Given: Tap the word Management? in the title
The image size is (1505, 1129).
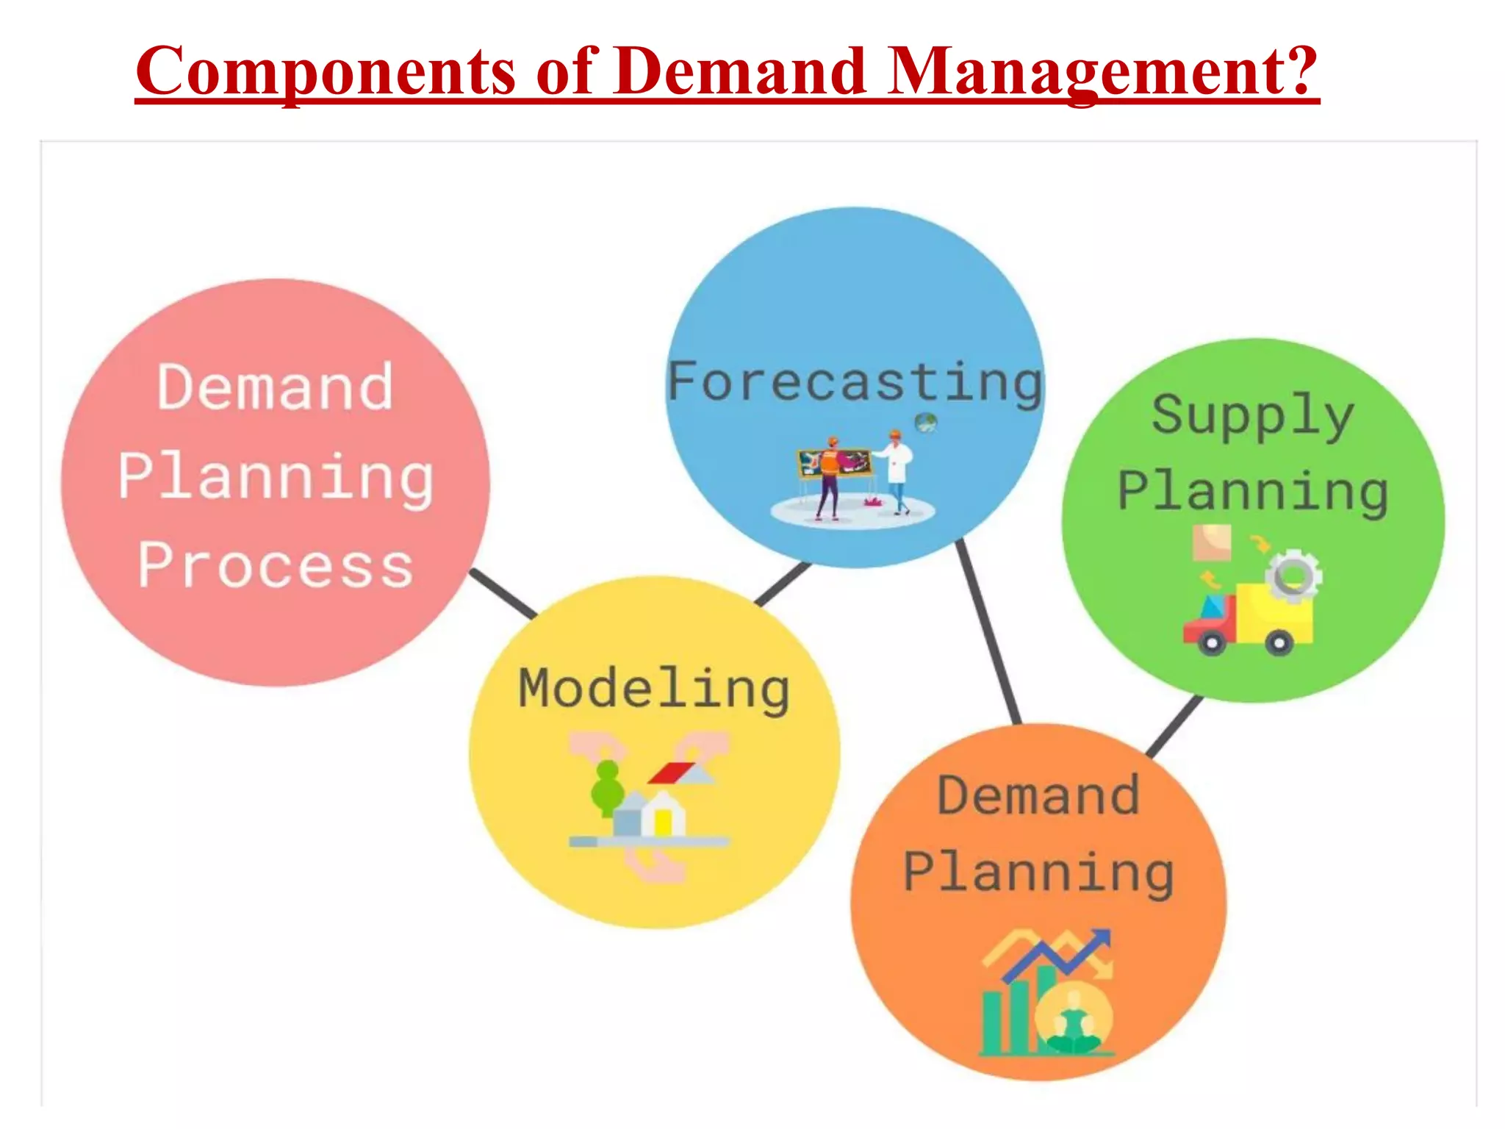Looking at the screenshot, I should tap(1103, 71).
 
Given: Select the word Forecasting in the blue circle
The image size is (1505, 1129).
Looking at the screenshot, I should tap(855, 382).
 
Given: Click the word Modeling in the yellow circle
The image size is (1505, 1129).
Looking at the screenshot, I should tap(654, 689).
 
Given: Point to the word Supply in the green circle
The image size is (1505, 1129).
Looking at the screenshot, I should tap(1252, 415).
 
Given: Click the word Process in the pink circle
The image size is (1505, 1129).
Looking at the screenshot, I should tap(276, 566).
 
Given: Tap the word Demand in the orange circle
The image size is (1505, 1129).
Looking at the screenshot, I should tap(1038, 796).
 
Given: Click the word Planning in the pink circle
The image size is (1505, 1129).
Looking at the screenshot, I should tap(276, 477).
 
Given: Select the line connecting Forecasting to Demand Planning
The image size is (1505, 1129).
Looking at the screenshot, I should tap(988, 632).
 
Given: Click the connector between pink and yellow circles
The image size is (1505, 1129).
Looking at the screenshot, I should tap(504, 593).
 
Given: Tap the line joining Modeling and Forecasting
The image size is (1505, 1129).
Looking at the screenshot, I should tap(783, 584).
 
